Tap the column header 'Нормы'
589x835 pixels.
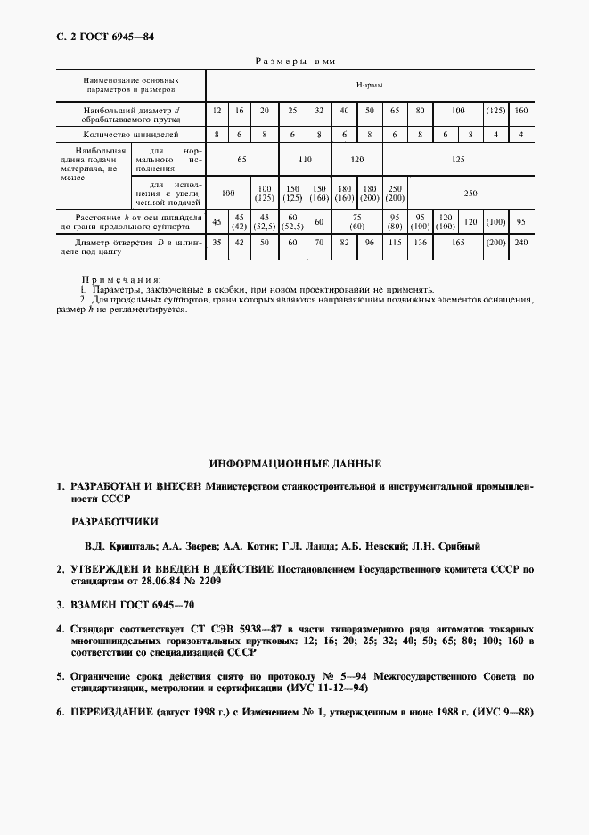(370, 85)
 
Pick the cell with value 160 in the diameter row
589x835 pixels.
(521, 111)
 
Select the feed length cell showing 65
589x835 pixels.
(241, 159)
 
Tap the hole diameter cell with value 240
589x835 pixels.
(521, 242)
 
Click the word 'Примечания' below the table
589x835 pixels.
(121, 280)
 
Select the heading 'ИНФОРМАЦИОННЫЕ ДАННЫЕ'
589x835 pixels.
(295, 465)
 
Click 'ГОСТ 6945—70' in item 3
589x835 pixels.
(133, 605)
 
